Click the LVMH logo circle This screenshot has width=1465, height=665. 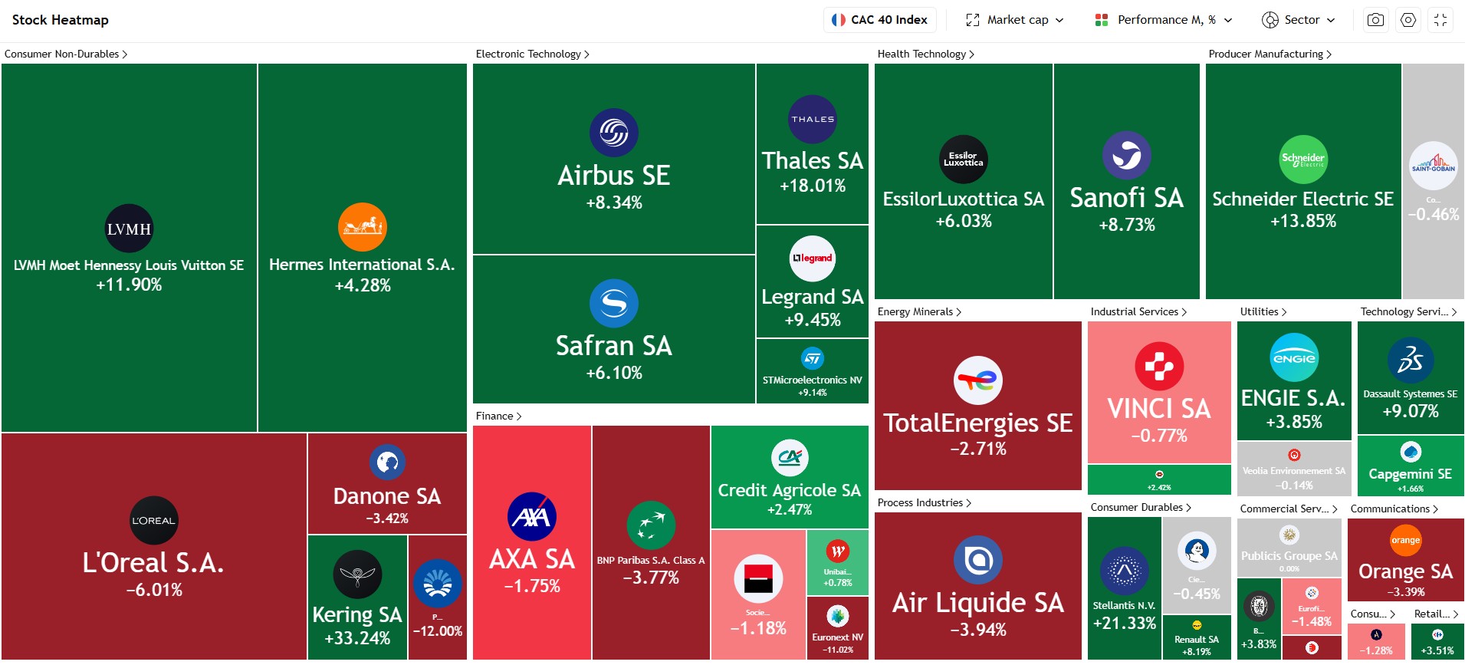pos(129,229)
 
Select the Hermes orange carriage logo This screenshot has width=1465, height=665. pos(363,227)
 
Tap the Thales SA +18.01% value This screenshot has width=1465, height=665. pos(813,186)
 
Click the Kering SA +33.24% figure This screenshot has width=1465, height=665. pos(357,638)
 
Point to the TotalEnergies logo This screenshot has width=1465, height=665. pos(978,380)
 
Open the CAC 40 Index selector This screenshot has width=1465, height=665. pos(879,20)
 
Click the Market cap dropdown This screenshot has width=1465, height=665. pos(1015,20)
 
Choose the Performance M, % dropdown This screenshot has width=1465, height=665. pos(1164,20)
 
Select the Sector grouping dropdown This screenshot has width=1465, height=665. pos(1299,20)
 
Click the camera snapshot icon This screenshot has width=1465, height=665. pos(1376,20)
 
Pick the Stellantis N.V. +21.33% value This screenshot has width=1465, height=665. pos(1125,624)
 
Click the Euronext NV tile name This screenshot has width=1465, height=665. pos(837,637)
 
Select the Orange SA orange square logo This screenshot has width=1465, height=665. pos(1406,540)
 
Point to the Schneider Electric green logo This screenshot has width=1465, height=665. pos(1303,160)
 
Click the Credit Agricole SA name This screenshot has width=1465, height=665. pos(790,490)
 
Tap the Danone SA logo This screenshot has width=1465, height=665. pos(387,463)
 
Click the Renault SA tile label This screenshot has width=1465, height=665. pos(1197,640)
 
